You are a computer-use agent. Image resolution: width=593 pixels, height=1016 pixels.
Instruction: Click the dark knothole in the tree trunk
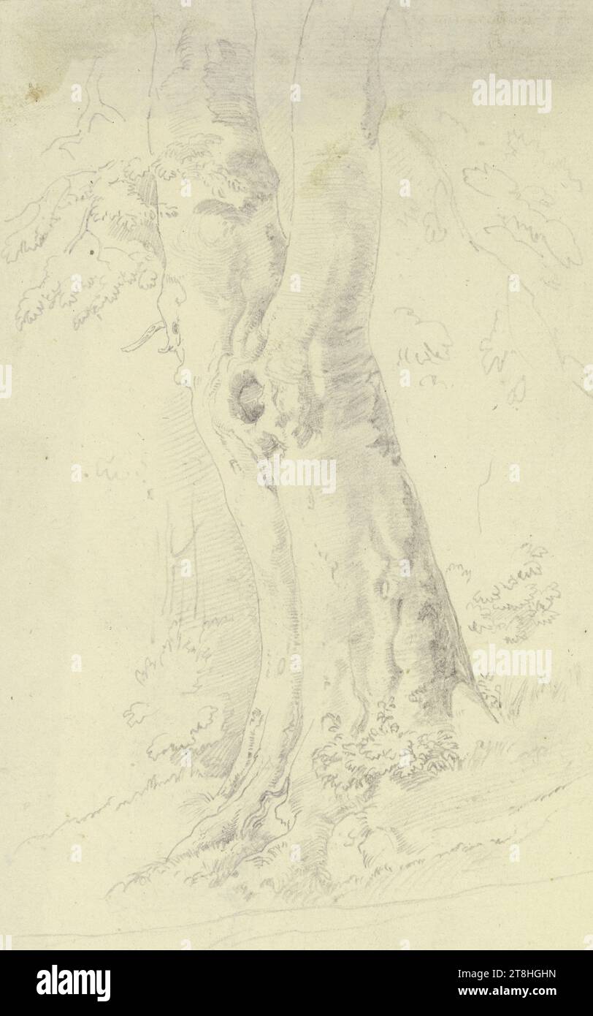click(250, 397)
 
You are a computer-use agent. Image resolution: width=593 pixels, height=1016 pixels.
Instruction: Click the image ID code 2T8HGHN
click(542, 974)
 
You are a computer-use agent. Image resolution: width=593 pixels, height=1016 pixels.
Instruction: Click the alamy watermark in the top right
click(511, 94)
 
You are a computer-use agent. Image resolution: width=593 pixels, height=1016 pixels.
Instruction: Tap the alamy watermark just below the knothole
click(296, 475)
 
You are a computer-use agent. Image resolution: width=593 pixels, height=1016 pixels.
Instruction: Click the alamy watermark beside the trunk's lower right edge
click(511, 662)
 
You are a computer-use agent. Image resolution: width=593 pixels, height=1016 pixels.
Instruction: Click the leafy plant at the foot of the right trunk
click(383, 749)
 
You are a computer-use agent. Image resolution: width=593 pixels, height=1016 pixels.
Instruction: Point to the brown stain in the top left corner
click(33, 91)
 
